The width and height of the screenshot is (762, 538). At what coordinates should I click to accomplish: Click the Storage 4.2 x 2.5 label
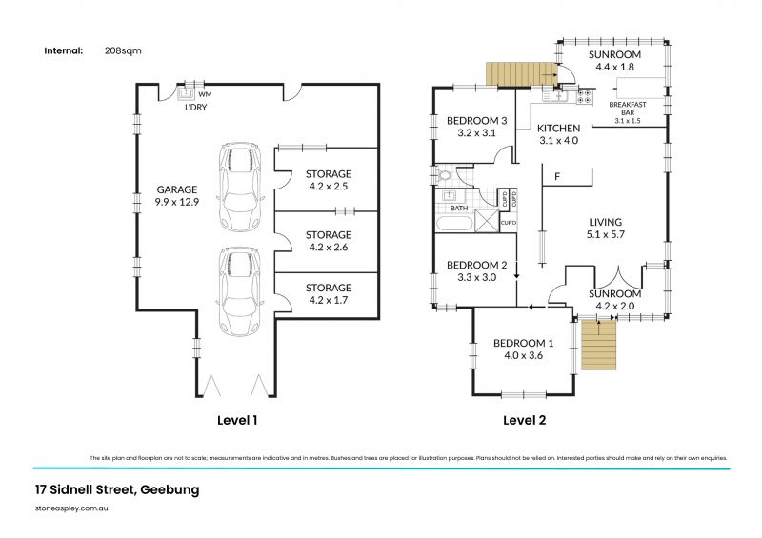[x=328, y=180]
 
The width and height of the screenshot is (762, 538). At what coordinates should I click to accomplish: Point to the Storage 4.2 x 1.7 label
[x=328, y=293]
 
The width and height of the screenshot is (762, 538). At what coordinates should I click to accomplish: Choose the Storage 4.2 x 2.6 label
[x=328, y=241]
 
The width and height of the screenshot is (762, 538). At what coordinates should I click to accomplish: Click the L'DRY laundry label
[x=195, y=108]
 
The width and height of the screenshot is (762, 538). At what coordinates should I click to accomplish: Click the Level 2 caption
[x=524, y=419]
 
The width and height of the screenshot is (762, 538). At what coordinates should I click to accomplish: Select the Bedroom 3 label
[x=476, y=127]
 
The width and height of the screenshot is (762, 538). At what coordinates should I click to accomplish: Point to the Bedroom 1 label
[x=522, y=349]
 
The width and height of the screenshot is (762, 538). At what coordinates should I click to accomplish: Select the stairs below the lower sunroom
[x=599, y=346]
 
